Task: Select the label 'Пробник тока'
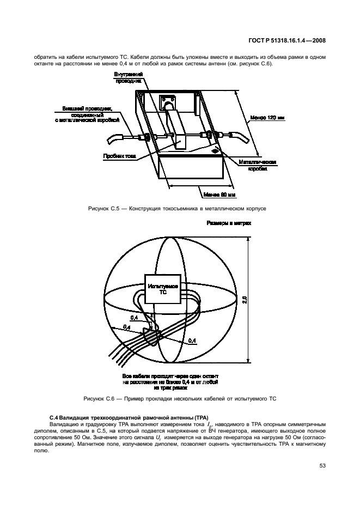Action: coord(119,155)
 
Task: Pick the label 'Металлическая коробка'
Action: coord(258,166)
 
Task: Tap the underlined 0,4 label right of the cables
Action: coord(192,341)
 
